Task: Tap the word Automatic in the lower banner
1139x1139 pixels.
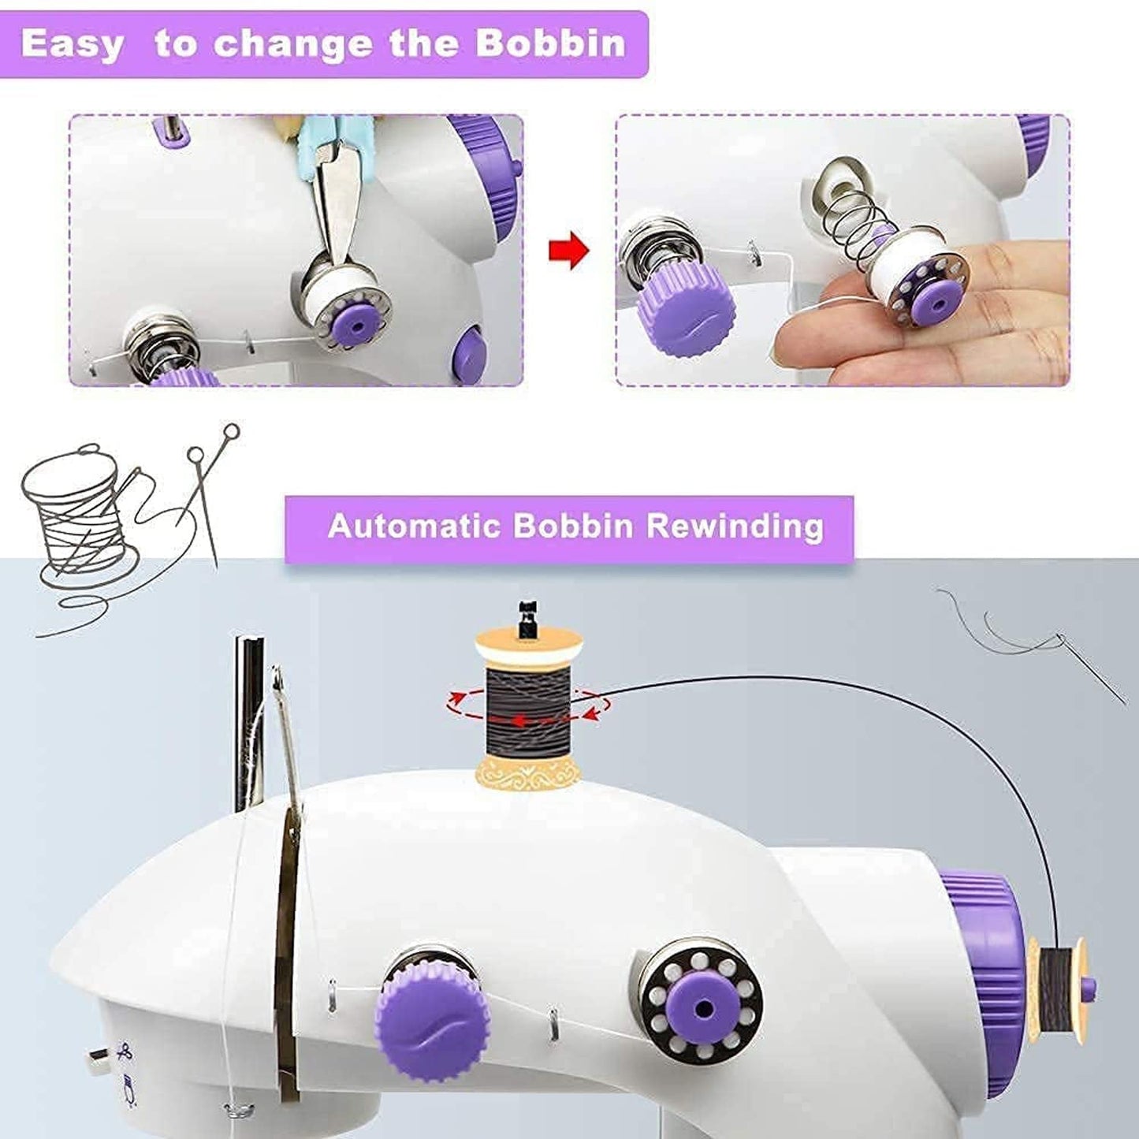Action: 413,526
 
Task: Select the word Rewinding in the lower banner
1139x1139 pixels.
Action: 735,527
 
